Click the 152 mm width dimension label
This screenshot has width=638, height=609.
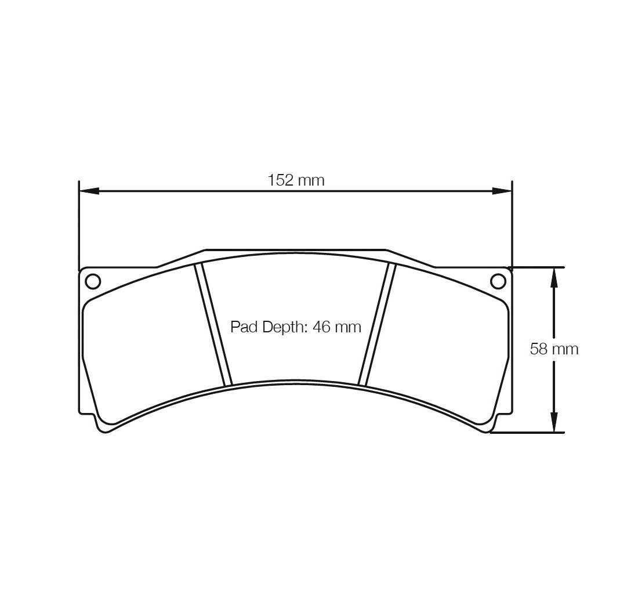click(x=296, y=180)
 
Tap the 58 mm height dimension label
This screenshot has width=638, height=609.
click(x=554, y=349)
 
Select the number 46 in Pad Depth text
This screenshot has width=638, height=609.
click(x=321, y=327)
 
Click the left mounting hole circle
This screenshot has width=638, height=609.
click(x=93, y=281)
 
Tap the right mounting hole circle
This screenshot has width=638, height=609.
click(x=498, y=281)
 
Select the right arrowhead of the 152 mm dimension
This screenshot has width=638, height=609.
click(x=502, y=191)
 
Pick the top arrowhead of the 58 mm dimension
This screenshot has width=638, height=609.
click(x=554, y=278)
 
